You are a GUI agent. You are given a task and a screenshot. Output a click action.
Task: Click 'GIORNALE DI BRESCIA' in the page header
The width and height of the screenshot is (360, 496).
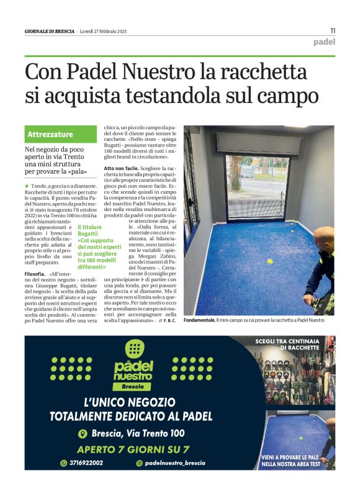pyautogui.click(x=49, y=31)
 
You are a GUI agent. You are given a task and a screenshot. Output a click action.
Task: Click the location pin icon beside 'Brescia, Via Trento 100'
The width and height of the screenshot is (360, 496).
pyautogui.click(x=81, y=434)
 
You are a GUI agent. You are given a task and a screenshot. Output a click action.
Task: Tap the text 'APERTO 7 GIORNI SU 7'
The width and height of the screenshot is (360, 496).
pyautogui.click(x=133, y=449)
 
